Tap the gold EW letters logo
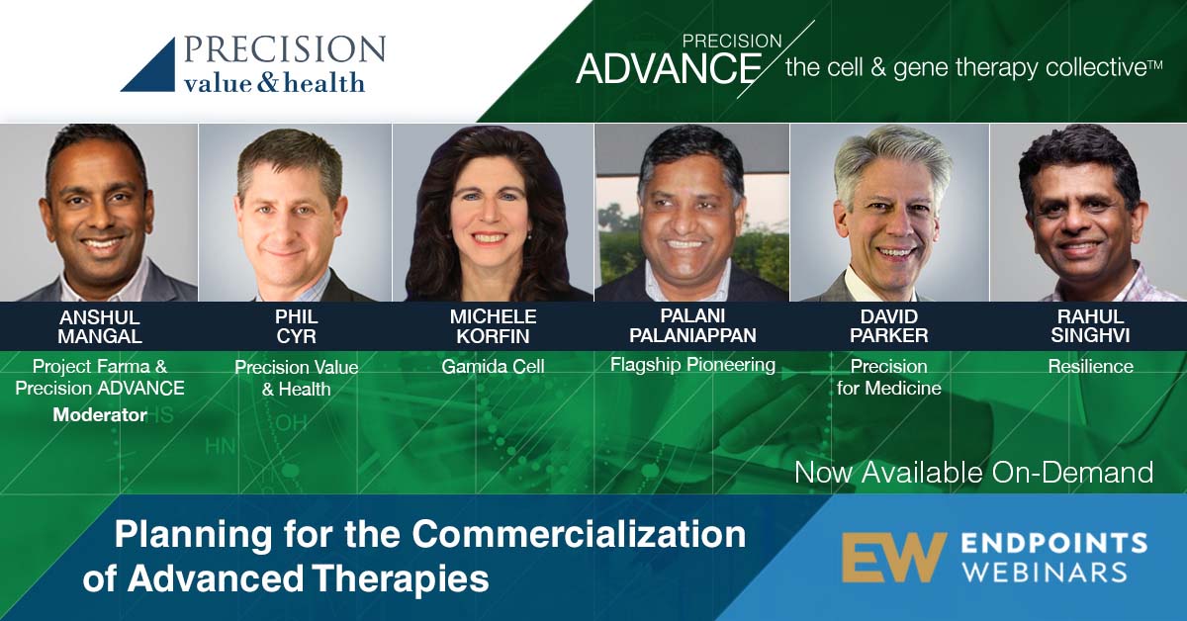pos(894,558)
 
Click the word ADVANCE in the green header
pos(669,69)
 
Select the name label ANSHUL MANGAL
pos(100,326)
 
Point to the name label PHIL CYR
pos(296,326)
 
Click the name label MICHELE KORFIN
pos(493,326)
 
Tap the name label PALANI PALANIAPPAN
pos(692,325)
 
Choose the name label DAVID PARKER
pos(888,326)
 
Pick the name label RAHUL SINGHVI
pos(1090,326)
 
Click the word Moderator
pos(100,415)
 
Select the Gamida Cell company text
pos(493,367)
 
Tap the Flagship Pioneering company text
pos(692,365)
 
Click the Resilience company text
pos(1090,367)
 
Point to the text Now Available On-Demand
pos(974,472)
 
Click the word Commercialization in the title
pos(580,534)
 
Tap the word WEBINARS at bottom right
pos(1045,573)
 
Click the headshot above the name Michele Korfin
pos(493,213)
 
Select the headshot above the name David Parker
pos(889,213)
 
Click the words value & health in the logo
pos(274,83)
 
